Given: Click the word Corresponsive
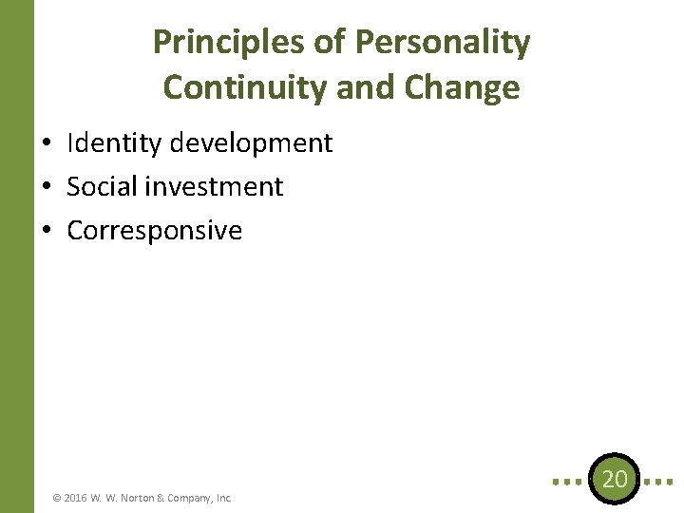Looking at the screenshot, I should tap(155, 231).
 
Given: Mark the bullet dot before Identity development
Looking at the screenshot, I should tap(46, 144).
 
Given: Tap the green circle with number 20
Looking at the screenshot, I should tap(615, 480).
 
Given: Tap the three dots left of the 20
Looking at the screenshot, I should tap(566, 481).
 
